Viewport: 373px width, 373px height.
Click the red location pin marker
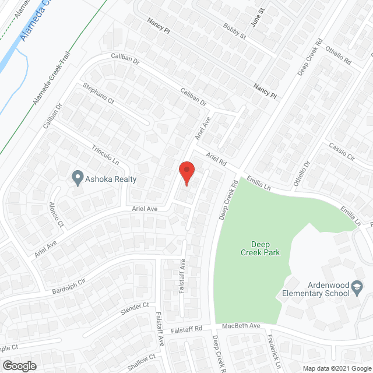(x=186, y=173)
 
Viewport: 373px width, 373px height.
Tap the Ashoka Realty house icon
(x=78, y=178)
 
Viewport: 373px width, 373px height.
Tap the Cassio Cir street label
(x=342, y=153)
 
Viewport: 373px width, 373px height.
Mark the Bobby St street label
(x=234, y=31)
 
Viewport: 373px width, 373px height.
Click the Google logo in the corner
(x=19, y=365)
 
